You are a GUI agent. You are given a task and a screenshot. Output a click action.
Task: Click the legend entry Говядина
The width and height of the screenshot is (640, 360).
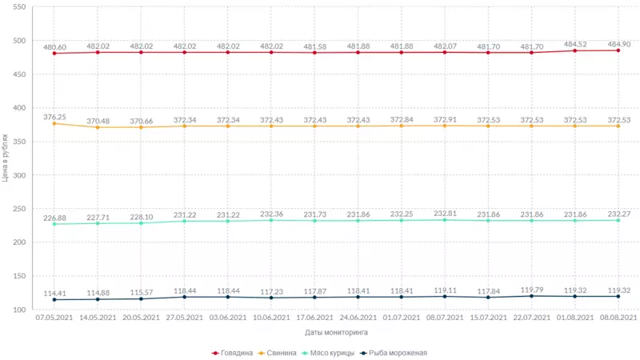click(x=236, y=352)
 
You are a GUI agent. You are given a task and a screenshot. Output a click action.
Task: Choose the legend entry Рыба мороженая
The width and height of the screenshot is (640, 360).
click(x=397, y=352)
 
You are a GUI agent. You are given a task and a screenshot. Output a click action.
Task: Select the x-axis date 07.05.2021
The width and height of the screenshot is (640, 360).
click(x=54, y=318)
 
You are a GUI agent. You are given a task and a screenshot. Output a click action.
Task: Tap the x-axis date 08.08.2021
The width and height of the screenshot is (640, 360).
click(x=618, y=318)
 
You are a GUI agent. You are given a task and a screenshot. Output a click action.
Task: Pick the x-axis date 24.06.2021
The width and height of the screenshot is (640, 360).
click(x=358, y=318)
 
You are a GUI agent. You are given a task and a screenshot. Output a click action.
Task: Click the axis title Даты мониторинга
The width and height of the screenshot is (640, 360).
click(x=337, y=332)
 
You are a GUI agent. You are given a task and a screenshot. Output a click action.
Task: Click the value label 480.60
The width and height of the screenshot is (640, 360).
click(x=54, y=46)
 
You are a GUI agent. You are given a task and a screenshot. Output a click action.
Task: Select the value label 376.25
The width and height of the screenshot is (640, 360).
click(x=54, y=116)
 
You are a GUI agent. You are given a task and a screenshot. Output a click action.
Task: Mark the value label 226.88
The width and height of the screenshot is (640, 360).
click(x=54, y=217)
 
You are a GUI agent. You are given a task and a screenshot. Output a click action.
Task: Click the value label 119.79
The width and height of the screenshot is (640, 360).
click(x=532, y=289)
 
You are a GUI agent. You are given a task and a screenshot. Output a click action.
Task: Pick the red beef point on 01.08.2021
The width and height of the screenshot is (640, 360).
click(x=575, y=50)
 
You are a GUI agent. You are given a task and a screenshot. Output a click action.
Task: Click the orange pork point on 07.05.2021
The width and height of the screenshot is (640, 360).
click(x=54, y=124)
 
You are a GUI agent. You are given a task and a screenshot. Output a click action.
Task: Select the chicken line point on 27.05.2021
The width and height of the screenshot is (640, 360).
click(x=184, y=221)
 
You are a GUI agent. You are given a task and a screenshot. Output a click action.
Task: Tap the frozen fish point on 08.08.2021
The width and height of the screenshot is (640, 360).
click(x=618, y=296)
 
